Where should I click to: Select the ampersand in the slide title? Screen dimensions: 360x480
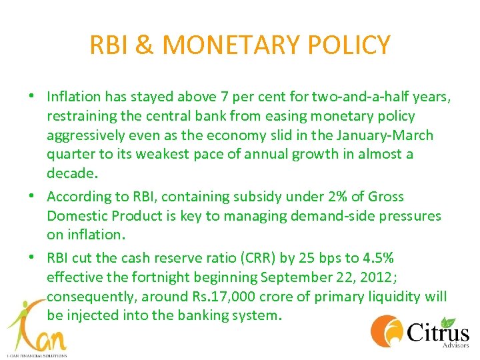click(x=145, y=45)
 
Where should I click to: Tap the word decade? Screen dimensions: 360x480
click(x=71, y=174)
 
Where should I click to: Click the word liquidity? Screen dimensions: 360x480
click(x=395, y=296)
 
